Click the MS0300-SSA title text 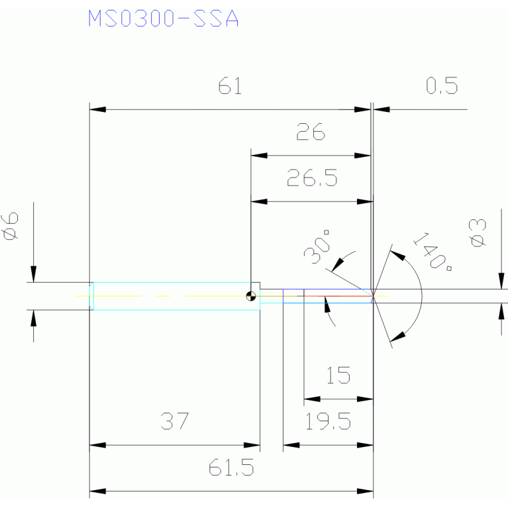click(164, 18)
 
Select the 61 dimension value click(230, 86)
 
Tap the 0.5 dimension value click(442, 85)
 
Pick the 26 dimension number click(311, 132)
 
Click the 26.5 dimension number click(312, 178)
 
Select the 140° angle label click(432, 252)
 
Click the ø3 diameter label click(478, 233)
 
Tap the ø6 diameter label click(10, 226)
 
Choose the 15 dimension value click(338, 375)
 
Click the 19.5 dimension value click(328, 421)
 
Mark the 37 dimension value click(174, 421)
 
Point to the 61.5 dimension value click(231, 467)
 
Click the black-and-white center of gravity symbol click(251, 296)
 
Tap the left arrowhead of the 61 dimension click(97, 109)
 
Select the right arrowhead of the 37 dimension click(252, 445)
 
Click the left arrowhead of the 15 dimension click(312, 399)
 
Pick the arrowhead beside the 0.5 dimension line click(381, 109)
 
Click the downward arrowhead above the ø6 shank click(33, 274)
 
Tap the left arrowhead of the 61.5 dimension click(97, 491)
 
